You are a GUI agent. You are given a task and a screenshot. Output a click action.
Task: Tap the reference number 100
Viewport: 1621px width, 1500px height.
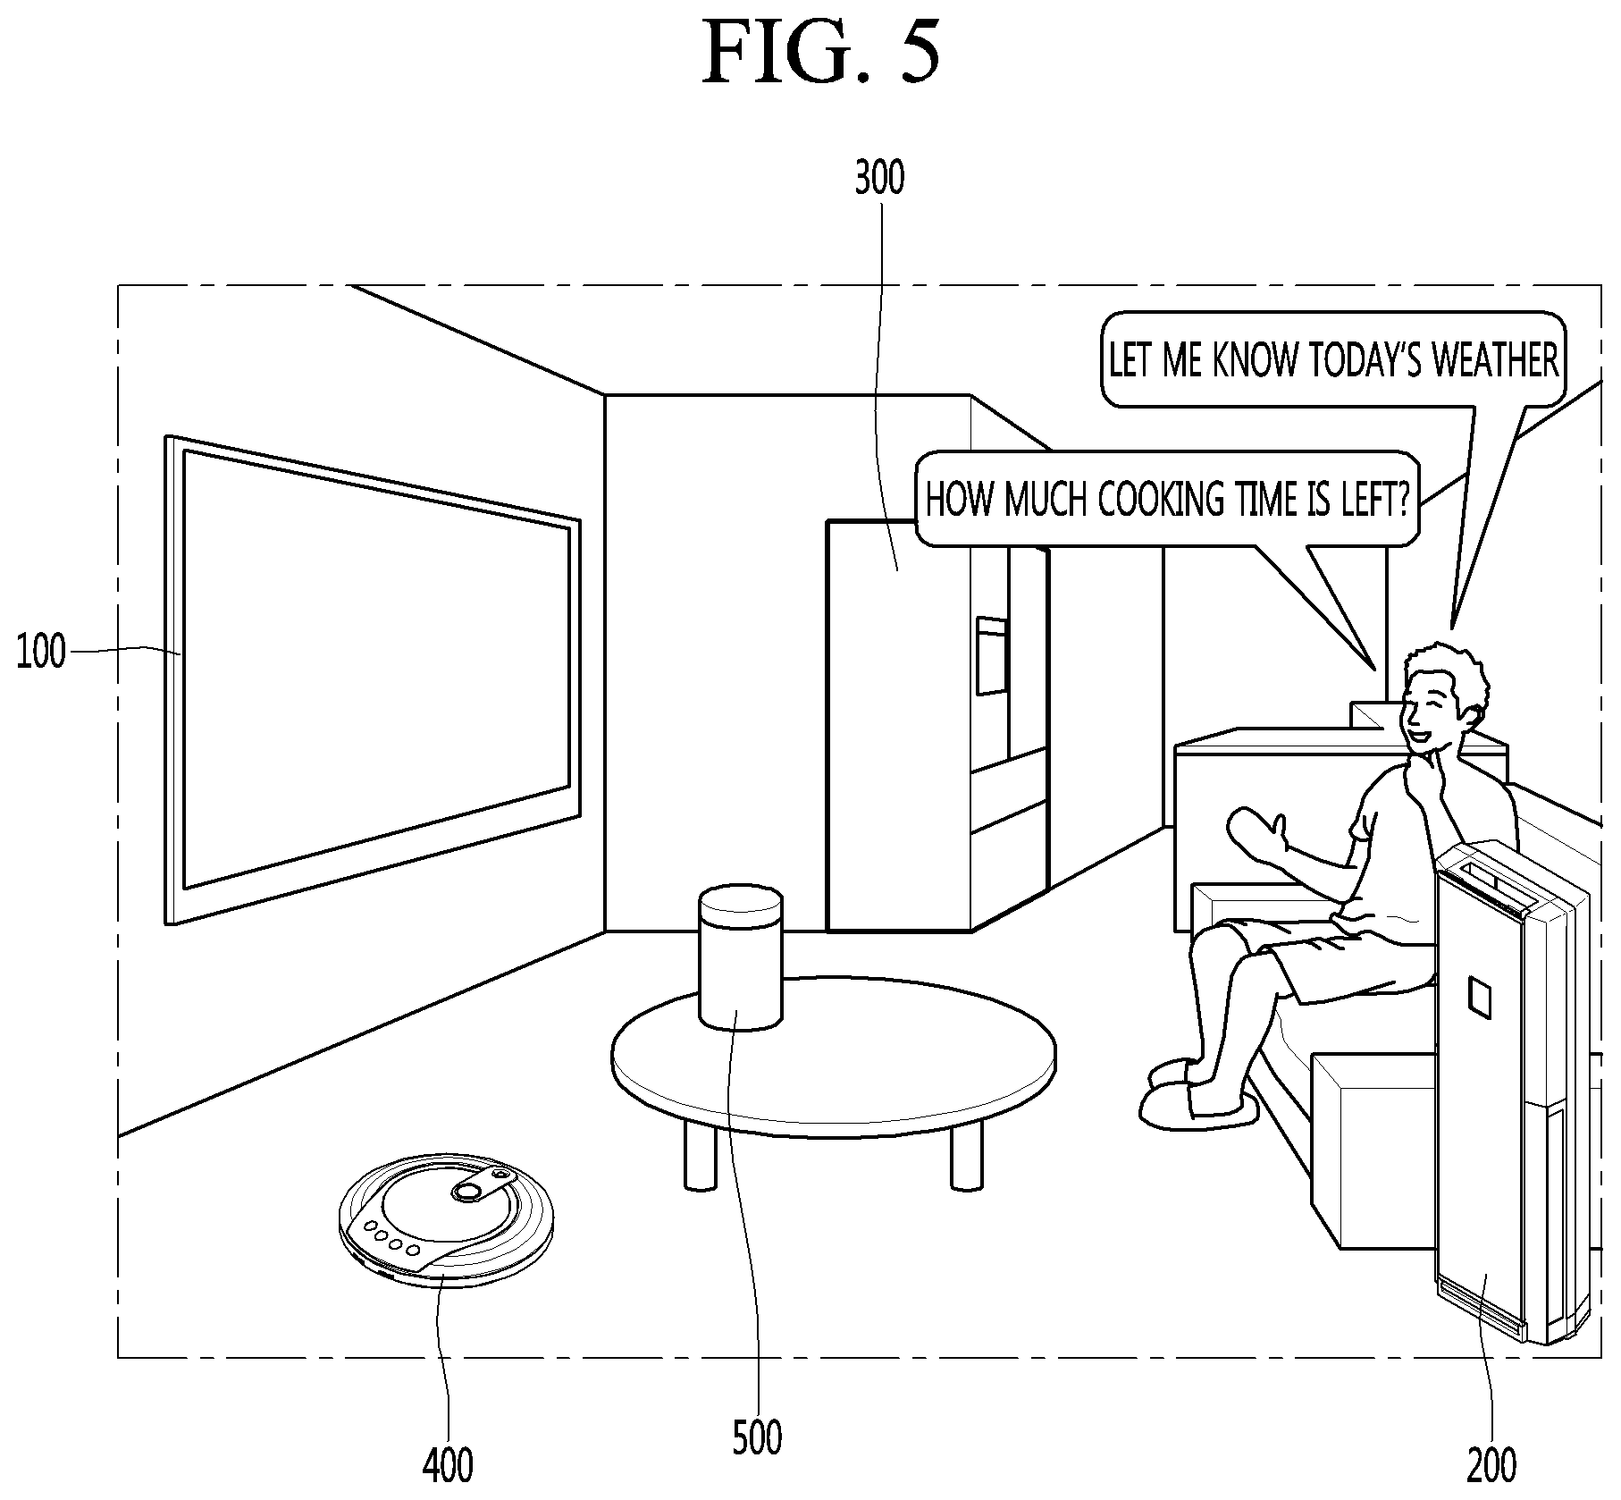(x=42, y=653)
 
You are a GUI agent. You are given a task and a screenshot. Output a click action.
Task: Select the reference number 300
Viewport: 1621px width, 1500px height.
(x=879, y=178)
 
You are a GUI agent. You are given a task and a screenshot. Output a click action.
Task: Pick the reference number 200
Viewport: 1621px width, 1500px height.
(x=1491, y=1465)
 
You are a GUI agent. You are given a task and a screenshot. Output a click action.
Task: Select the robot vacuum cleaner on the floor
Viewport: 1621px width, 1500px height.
(x=446, y=1225)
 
